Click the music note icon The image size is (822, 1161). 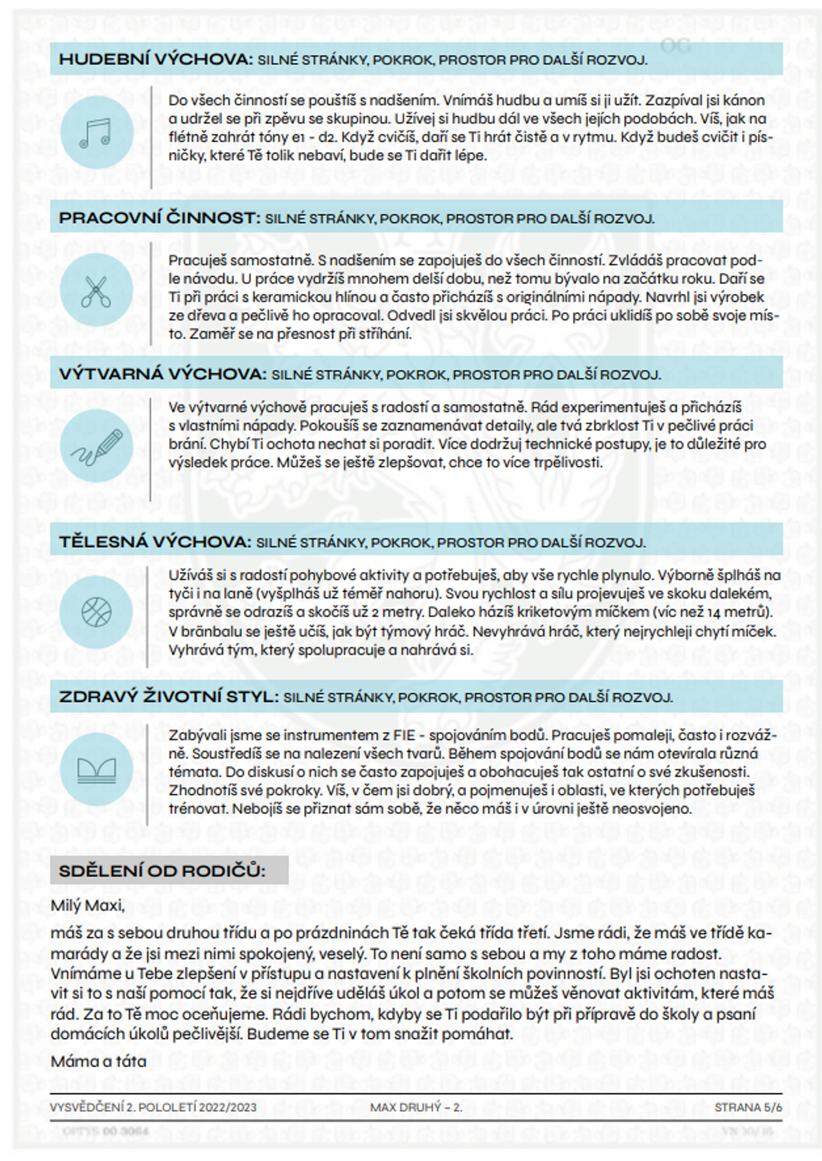(96, 132)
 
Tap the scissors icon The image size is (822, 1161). (96, 291)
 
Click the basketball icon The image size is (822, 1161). (96, 612)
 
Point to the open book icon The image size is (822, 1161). (96, 769)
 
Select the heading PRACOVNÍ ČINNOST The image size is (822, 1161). (159, 218)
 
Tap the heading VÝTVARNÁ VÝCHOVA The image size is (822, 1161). (163, 374)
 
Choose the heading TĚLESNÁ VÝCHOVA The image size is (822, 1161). (155, 542)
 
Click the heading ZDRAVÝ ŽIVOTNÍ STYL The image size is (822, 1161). (169, 697)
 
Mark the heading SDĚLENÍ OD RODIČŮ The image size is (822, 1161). (162, 871)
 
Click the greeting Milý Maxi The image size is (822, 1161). (88, 905)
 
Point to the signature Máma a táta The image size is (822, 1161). (99, 1061)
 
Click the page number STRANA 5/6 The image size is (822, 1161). (748, 1107)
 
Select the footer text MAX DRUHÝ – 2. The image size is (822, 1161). (416, 1107)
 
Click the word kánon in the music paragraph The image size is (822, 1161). (744, 100)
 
